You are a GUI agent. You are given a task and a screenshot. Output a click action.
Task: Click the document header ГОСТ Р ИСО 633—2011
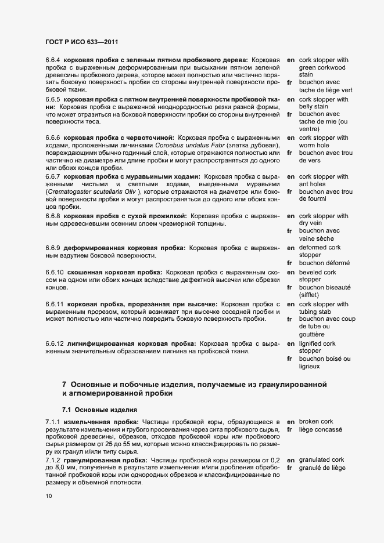pos(83,42)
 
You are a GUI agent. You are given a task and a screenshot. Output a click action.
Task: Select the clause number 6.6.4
pos(53,60)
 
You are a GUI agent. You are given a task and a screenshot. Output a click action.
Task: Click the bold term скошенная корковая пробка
pos(115,272)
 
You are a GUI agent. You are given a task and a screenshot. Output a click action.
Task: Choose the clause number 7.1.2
pos(53,459)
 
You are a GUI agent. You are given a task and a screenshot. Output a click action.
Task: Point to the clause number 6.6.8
pos(53,216)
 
